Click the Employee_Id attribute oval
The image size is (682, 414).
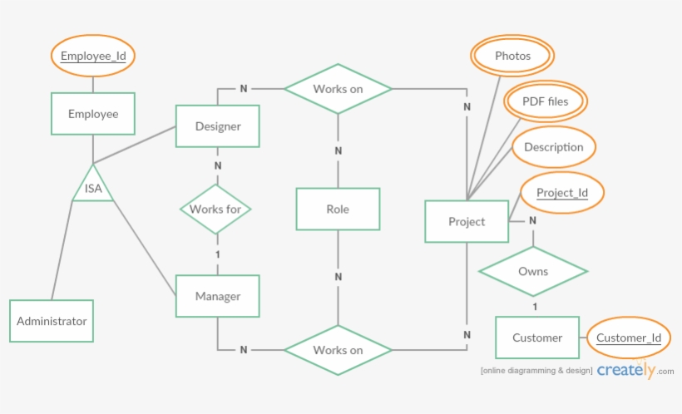coord(92,57)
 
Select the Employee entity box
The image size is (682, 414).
coord(92,114)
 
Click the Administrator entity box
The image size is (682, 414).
coord(52,321)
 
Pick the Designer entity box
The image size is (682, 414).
coord(217,126)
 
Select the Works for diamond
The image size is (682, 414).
coord(215,209)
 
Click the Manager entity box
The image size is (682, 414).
coord(217,296)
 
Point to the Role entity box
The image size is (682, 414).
coord(338,209)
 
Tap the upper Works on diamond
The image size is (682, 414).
coord(338,88)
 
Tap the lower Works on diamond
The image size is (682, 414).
coord(338,350)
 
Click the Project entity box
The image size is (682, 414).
coord(466,221)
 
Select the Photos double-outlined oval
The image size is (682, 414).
coord(511,56)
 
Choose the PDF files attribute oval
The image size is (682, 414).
coord(545,101)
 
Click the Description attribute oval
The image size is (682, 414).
coord(553,147)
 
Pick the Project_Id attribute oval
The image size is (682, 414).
coord(561,193)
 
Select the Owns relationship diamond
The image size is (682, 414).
coord(533,271)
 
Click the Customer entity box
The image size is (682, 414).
coord(536,338)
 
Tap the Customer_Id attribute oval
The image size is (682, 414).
coord(628,338)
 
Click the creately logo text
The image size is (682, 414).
coord(625,371)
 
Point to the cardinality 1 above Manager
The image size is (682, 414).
coord(218,254)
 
